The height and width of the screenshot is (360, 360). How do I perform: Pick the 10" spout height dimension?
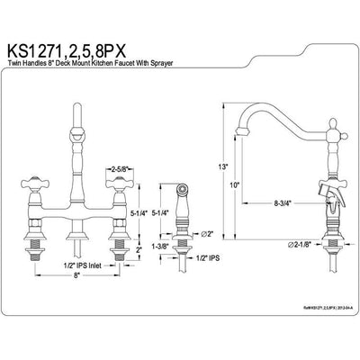coord(234,184)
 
